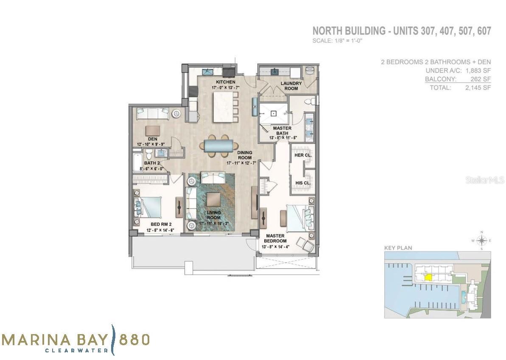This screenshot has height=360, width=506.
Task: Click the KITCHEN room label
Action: pyautogui.click(x=225, y=82)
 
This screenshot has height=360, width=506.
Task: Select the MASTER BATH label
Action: pyautogui.click(x=282, y=131)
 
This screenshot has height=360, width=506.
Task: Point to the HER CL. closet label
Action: pyautogui.click(x=303, y=155)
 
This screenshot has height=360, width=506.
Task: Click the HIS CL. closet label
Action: pyautogui.click(x=303, y=183)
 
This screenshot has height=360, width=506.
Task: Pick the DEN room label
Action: pyautogui.click(x=153, y=139)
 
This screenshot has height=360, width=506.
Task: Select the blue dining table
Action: pyautogui.click(x=218, y=146)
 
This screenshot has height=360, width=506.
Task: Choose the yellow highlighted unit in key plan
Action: pyautogui.click(x=429, y=277)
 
